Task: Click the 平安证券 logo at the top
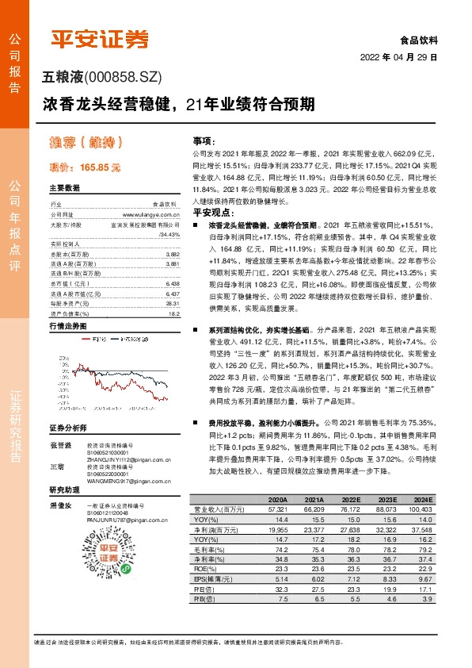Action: tap(100, 39)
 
